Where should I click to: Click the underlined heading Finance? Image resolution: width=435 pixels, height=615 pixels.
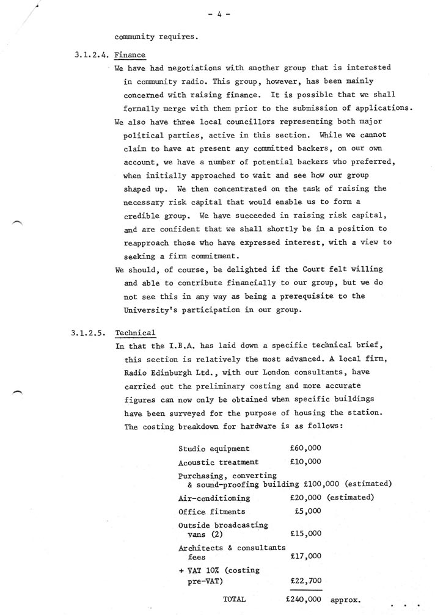point(130,55)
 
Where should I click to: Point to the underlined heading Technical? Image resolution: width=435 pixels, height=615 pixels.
point(135,333)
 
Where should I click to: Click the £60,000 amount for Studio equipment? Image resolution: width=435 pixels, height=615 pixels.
point(305,449)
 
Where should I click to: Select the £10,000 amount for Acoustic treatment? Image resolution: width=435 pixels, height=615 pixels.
point(305,462)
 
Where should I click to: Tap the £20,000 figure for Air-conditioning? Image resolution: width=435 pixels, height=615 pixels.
point(305,497)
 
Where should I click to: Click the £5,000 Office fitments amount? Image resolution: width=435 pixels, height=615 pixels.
point(307,511)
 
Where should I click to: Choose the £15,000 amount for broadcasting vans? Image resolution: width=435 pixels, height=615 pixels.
point(305,533)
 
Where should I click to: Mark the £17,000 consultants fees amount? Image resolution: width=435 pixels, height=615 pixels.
point(305,556)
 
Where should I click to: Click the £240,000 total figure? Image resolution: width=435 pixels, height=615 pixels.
point(304,600)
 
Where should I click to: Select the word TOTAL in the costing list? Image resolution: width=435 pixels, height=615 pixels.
point(235,600)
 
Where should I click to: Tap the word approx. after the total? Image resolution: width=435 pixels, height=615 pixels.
point(346,600)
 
